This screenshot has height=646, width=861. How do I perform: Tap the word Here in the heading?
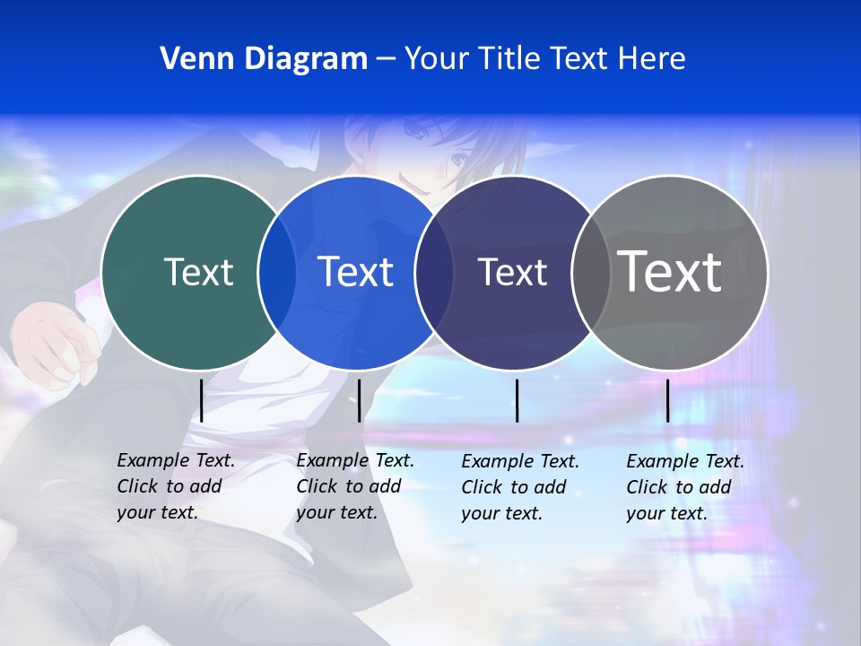coord(652,59)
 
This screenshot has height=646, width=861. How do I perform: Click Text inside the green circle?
coord(198,272)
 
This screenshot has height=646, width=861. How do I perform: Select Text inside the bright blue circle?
coord(356,272)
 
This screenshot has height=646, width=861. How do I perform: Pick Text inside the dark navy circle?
coord(512,272)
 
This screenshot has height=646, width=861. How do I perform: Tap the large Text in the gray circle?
coord(670,272)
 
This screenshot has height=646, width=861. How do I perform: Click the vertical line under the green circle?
coord(202,400)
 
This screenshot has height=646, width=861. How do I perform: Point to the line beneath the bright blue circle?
coord(360,400)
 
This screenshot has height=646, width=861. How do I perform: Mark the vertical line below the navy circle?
coord(517,400)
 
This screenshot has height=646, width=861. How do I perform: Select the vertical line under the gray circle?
coord(668,400)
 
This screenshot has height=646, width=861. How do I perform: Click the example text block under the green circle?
coord(176,486)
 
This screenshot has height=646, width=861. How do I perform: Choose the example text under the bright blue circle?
coord(355,486)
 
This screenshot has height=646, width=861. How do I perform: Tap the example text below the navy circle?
coord(520,487)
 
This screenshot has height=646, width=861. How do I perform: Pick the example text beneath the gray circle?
coord(685,487)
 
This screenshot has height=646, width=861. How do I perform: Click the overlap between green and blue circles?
coord(277,272)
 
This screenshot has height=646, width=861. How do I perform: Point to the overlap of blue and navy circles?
coord(434,272)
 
